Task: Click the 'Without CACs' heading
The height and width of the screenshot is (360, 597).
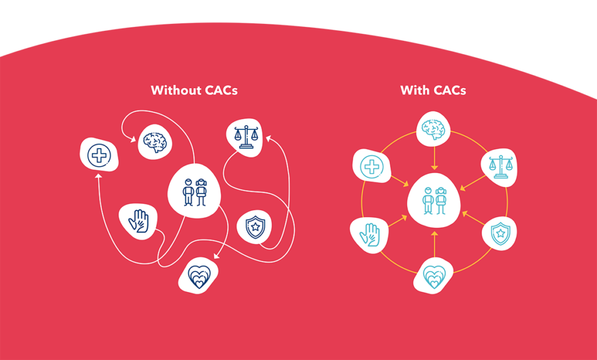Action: pyautogui.click(x=194, y=90)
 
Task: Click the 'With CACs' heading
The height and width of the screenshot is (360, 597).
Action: pyautogui.click(x=433, y=90)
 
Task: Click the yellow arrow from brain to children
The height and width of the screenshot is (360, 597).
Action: pyautogui.click(x=433, y=158)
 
